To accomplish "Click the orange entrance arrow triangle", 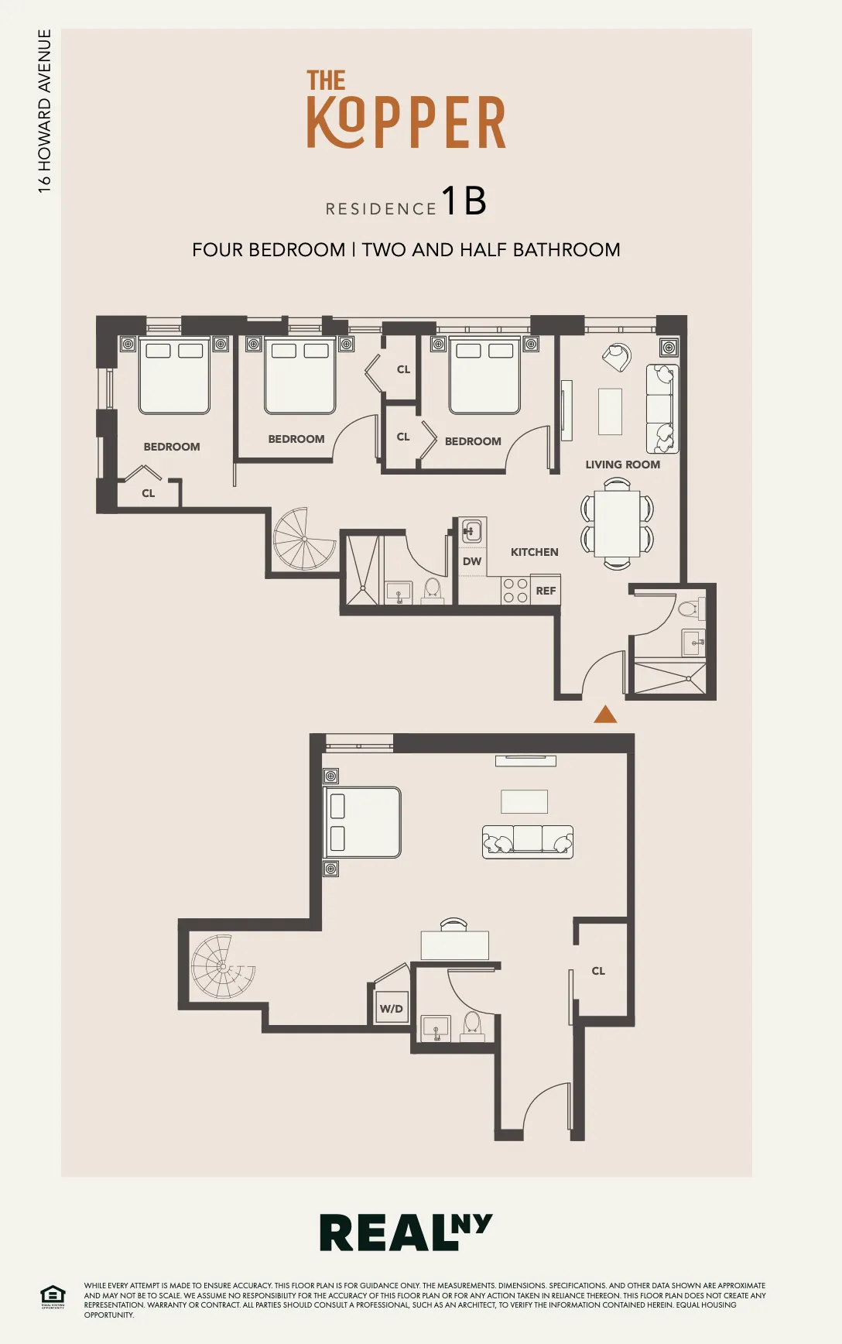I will coord(605,715).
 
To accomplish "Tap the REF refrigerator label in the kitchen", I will coord(546,591).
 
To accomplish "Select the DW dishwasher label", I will coord(472,561).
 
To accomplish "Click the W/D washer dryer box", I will coord(392,1008).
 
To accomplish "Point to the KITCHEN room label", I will coord(534,552).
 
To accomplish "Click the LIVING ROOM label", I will coord(622,465).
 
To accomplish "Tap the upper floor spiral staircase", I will coord(304,540).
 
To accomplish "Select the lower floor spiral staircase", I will coord(223,966).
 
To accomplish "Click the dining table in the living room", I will coord(617,523).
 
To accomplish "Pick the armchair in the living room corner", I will coord(618,356).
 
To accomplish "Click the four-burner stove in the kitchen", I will coord(515,591).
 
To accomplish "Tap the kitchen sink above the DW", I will coord(471,531).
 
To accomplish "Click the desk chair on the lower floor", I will coord(454,924).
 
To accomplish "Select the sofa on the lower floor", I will coord(528,842).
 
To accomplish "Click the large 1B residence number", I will coord(464,201).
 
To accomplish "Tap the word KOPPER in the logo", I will coord(406,122).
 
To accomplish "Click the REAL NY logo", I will coord(405,1233).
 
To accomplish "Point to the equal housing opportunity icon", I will coord(53,1296).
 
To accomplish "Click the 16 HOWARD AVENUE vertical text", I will coord(44,111).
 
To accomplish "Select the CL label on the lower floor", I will coord(598,971).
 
